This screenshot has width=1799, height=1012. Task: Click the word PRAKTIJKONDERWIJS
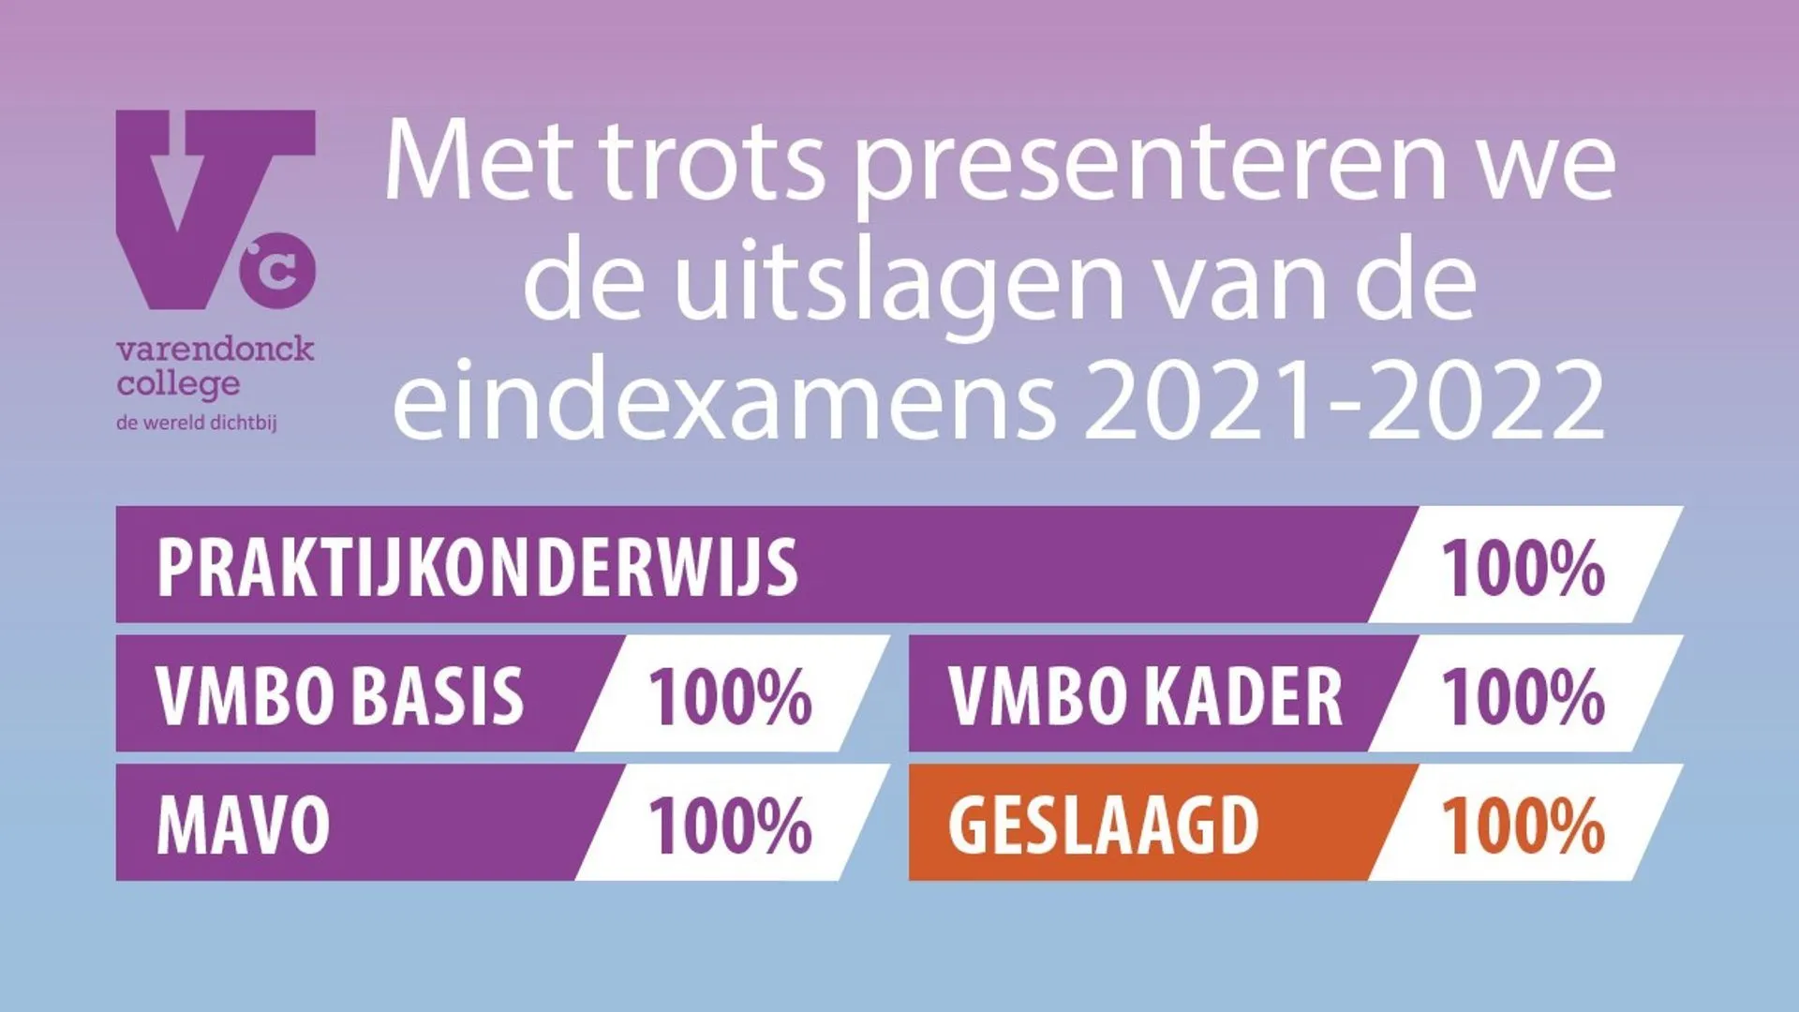[x=477, y=567]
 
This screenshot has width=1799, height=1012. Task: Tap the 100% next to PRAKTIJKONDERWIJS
[x=1523, y=568]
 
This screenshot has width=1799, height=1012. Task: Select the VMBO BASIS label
[x=339, y=696]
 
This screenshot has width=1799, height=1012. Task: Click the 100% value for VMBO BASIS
[x=730, y=696]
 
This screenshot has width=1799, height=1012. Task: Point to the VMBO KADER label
[x=1145, y=696]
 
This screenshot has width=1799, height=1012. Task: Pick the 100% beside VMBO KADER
[x=1523, y=696]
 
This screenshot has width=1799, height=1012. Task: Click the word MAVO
[x=243, y=825]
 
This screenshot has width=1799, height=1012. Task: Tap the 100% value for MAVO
[x=730, y=825]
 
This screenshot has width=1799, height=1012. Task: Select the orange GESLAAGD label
[x=1103, y=825]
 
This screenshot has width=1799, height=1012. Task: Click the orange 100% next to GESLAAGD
[x=1523, y=825]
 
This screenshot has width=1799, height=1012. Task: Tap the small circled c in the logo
[x=278, y=270]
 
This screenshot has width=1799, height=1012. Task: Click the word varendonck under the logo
[x=215, y=350]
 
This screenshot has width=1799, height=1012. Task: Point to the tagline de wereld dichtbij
[x=197, y=423]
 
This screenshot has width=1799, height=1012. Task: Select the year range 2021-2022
[x=1344, y=400]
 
